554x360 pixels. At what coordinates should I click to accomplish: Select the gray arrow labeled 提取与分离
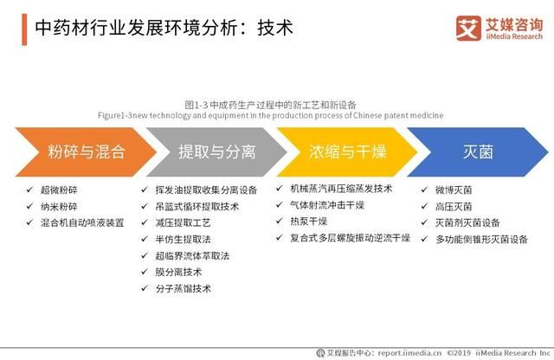point(216,152)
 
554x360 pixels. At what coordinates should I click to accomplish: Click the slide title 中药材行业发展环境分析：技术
point(164,28)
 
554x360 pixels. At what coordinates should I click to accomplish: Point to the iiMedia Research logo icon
point(468,28)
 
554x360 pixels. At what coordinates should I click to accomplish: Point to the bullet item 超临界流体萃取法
point(191,255)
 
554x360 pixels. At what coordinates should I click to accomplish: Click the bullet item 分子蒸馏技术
point(183,288)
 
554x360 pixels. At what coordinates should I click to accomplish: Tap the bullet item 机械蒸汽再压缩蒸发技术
point(342,189)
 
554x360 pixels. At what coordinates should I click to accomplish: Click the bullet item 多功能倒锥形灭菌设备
point(481,239)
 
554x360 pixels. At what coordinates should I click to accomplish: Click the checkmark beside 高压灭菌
point(424,206)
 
